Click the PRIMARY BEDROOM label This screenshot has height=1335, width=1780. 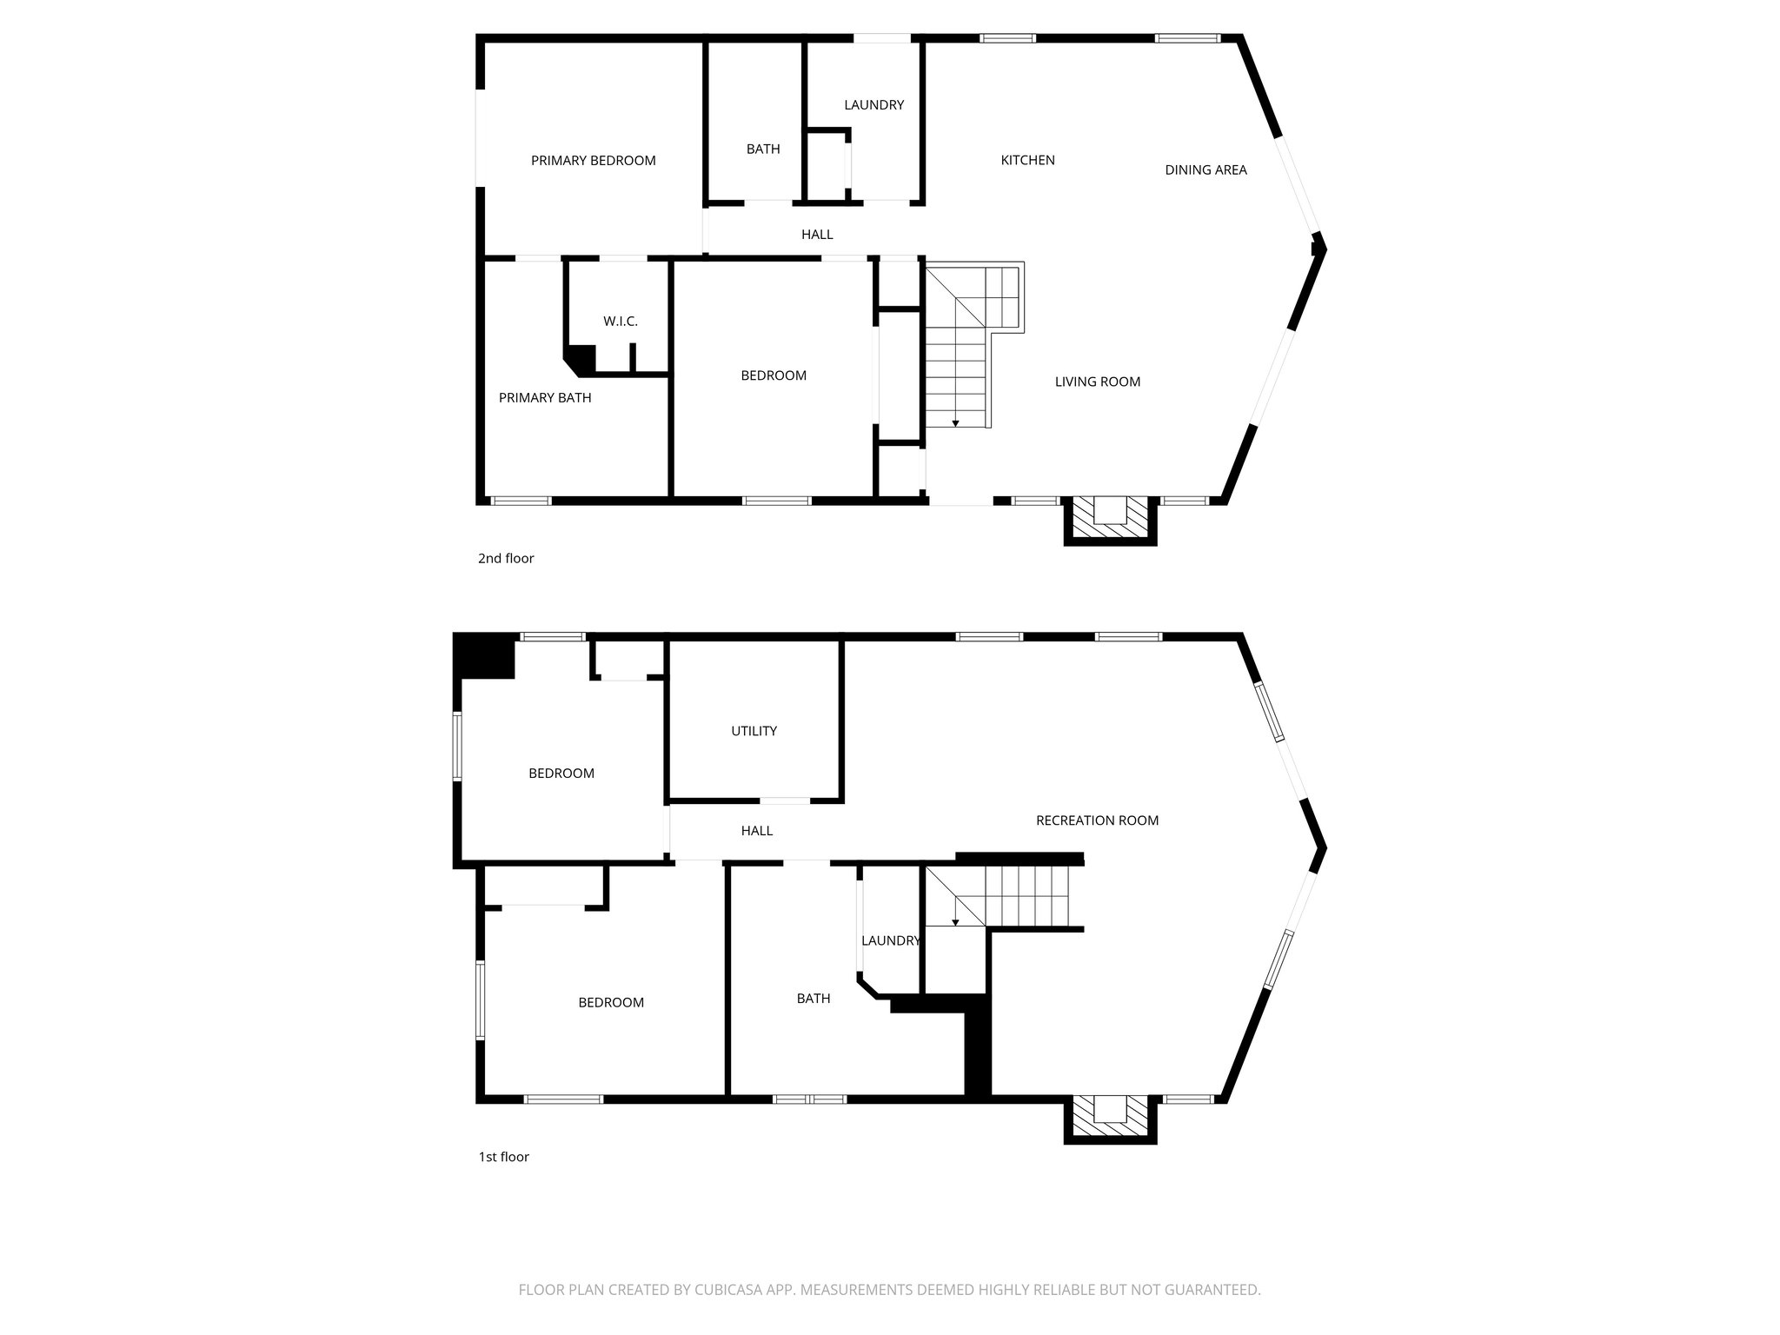593,161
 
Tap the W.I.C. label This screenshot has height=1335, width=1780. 621,322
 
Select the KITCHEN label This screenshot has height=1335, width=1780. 1027,161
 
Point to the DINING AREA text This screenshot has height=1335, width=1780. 1205,170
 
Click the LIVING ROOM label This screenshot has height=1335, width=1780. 1097,382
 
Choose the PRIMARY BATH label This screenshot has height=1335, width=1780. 545,398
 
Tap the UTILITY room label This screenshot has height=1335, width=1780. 754,731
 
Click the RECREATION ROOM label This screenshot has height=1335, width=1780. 1097,820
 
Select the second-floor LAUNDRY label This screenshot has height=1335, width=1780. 873,105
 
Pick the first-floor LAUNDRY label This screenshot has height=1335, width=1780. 890,940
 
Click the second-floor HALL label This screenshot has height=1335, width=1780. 817,235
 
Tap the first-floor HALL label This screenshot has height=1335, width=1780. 756,831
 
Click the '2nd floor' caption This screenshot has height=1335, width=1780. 506,558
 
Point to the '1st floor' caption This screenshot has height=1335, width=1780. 503,1157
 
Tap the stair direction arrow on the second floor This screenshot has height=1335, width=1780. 955,422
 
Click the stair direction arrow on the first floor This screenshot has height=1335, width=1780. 955,921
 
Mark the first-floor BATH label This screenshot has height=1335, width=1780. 814,999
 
